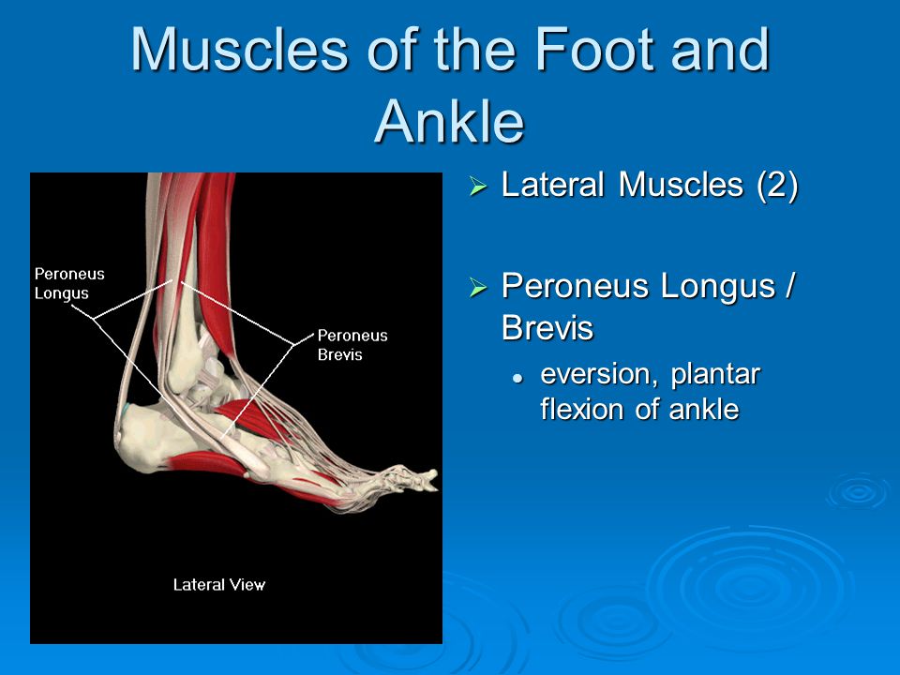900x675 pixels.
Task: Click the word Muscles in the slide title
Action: [x=240, y=50]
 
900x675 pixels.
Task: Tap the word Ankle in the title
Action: [x=449, y=121]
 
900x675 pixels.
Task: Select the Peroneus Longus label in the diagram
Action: [x=69, y=283]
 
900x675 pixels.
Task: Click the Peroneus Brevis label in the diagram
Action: [x=352, y=345]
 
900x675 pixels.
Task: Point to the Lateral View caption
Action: [x=219, y=585]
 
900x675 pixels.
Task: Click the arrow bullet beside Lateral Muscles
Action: [x=478, y=186]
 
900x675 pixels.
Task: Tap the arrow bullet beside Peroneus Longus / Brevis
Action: [x=478, y=287]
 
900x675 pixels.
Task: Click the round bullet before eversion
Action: [x=518, y=378]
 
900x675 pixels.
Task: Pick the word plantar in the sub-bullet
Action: [x=715, y=375]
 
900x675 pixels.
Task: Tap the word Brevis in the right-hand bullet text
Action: [x=547, y=328]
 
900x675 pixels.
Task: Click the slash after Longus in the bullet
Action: [x=789, y=285]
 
